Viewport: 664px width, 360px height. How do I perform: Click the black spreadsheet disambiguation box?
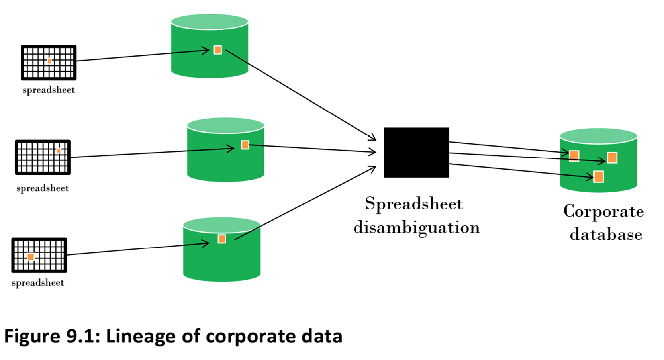tap(416, 152)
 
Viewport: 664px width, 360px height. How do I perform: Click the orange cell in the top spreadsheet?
tap(49, 61)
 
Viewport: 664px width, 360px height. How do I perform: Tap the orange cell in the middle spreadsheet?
tap(59, 151)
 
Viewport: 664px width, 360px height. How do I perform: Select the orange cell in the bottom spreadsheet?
tap(31, 257)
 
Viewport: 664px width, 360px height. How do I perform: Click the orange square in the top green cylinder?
tap(217, 50)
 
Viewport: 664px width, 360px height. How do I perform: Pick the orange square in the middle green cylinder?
tap(245, 145)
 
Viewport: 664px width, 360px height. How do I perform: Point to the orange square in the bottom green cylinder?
tap(222, 239)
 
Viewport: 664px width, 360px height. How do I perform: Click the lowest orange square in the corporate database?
tap(598, 176)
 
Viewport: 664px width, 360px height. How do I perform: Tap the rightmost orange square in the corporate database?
tap(612, 158)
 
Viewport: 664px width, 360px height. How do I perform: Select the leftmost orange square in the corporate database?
tap(574, 155)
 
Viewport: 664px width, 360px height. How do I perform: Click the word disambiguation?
tap(417, 227)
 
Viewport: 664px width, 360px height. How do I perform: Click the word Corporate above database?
tap(603, 211)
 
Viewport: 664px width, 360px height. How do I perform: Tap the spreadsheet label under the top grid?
tap(49, 90)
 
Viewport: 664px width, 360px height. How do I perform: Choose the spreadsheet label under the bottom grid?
tap(38, 283)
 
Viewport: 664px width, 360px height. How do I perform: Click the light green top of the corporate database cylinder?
tap(598, 136)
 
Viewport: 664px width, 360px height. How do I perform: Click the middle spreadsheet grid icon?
tap(43, 157)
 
